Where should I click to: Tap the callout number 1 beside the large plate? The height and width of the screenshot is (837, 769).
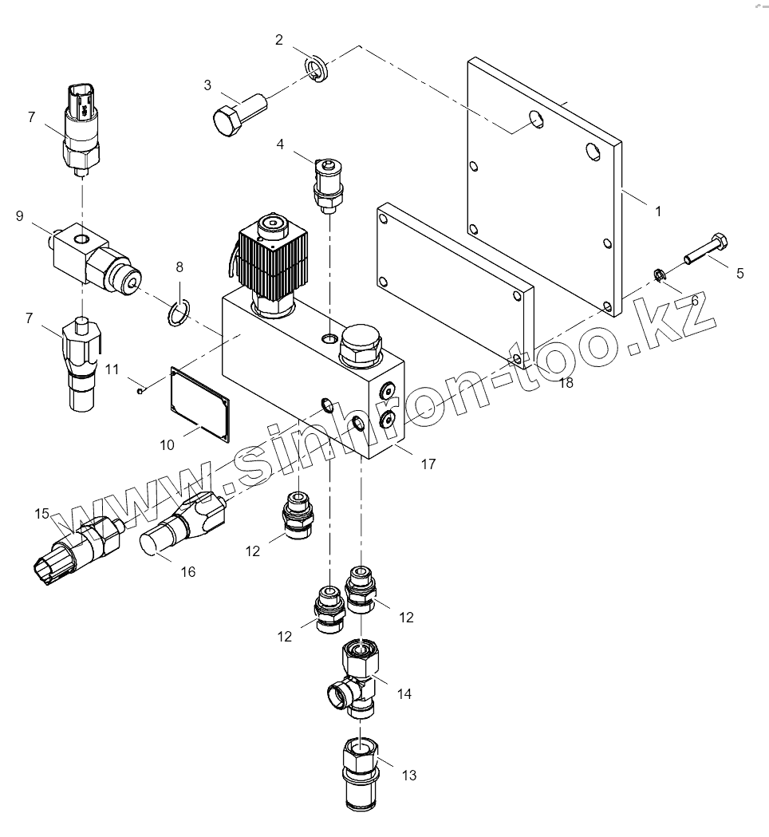(658, 211)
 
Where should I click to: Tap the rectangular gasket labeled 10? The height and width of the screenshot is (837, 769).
(199, 402)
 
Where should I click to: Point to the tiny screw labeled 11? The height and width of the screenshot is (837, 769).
(140, 390)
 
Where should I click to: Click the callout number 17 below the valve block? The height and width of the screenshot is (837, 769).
(428, 464)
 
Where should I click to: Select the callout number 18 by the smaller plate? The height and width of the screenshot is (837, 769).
(566, 382)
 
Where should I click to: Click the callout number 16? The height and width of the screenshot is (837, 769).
(188, 571)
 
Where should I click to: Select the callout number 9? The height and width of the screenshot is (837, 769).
(19, 215)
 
